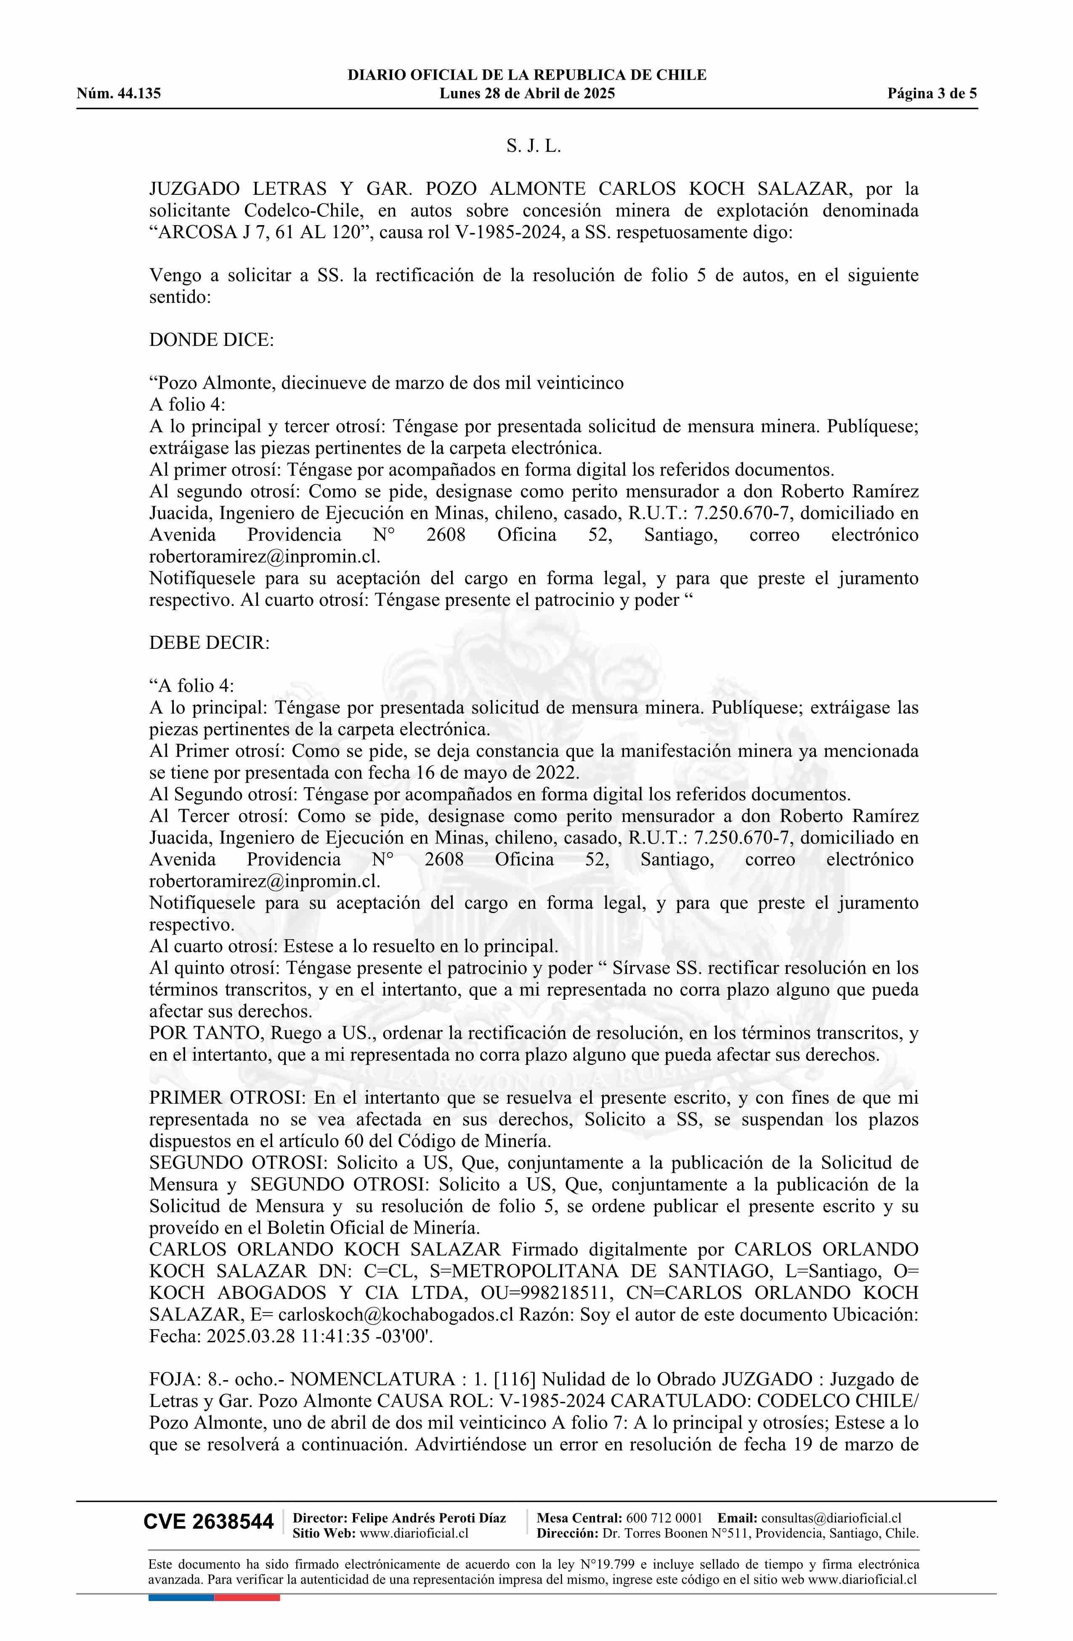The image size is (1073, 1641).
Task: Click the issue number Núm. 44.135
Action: click(119, 94)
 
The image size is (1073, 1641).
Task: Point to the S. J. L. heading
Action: click(534, 146)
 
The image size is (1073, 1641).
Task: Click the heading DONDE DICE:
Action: click(211, 340)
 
